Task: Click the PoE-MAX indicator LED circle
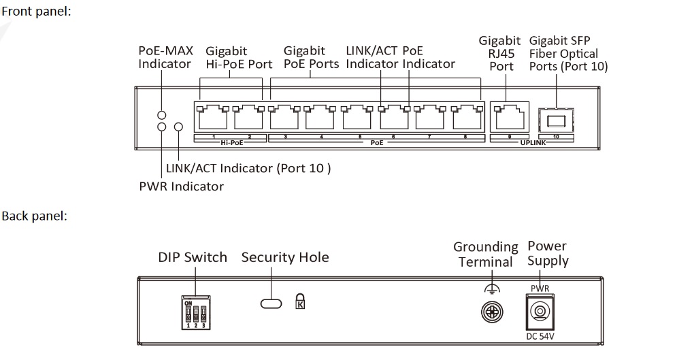point(162,115)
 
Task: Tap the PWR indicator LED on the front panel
point(162,127)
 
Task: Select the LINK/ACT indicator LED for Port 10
point(179,127)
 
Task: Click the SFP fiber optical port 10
point(555,120)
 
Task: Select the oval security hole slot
point(271,301)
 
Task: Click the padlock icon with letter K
point(300,301)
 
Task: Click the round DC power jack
point(540,312)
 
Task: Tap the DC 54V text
point(540,336)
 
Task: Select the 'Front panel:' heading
point(35,11)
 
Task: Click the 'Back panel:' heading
point(33,216)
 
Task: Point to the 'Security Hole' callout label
point(285,257)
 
